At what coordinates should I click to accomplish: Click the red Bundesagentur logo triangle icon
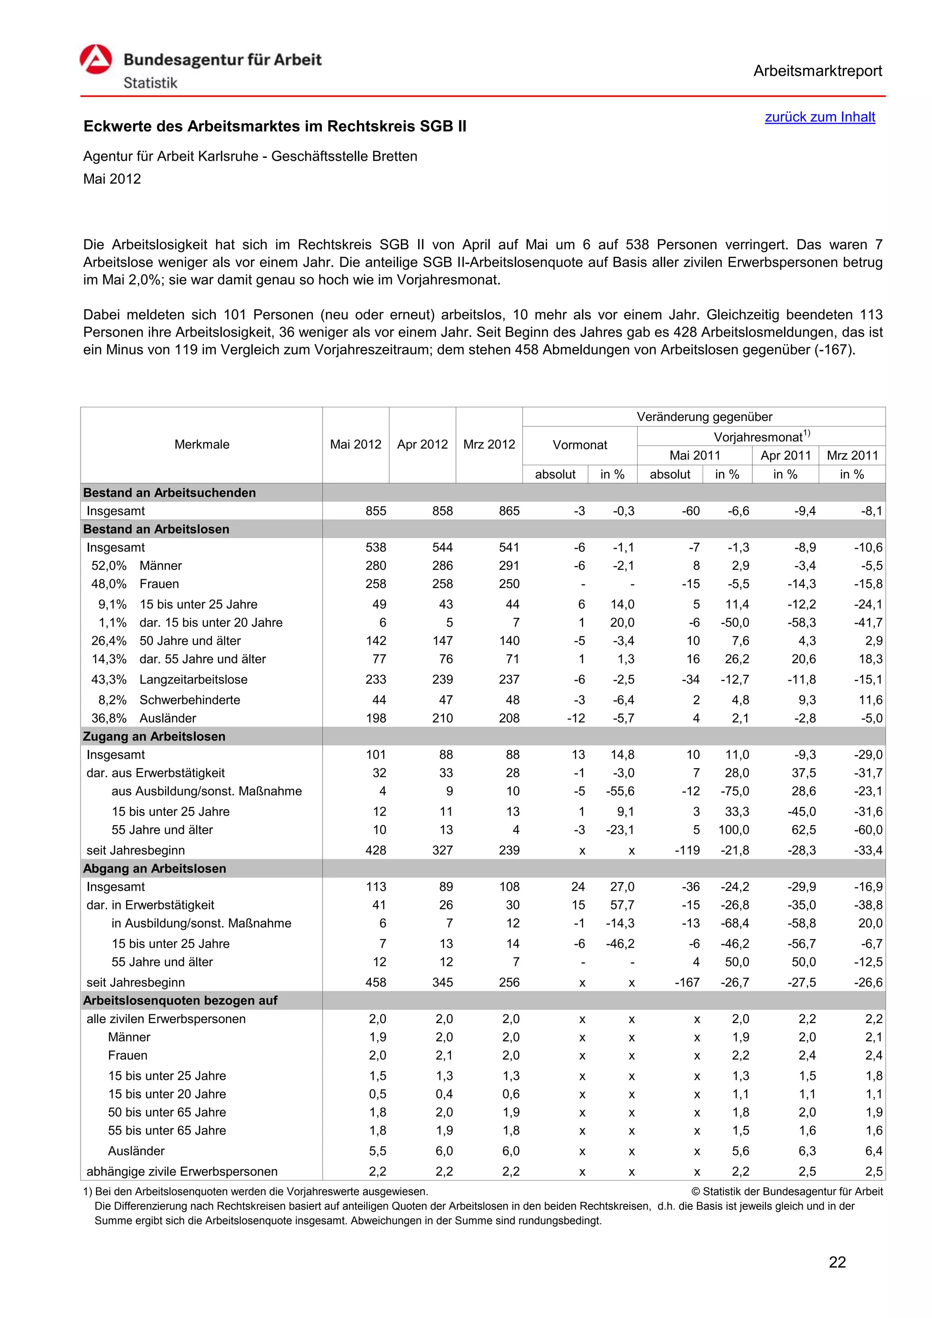[96, 60]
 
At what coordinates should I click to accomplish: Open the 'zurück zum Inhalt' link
[820, 117]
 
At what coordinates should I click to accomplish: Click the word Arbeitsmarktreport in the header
[817, 71]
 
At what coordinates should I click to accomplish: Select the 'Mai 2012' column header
[355, 444]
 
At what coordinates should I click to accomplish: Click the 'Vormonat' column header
[580, 445]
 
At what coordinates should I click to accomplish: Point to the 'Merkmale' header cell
[202, 444]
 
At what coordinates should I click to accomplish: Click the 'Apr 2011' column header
[785, 455]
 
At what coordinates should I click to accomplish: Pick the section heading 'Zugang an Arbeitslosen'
[154, 736]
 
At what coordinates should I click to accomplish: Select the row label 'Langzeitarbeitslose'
[193, 679]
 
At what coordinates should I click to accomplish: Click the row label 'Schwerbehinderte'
[190, 700]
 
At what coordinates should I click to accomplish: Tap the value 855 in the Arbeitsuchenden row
[376, 511]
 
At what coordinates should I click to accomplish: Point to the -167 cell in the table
[687, 982]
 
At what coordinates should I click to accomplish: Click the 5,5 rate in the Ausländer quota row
[377, 1151]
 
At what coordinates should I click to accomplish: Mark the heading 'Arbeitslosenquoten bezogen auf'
[180, 1000]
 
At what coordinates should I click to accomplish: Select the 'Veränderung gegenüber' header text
[704, 417]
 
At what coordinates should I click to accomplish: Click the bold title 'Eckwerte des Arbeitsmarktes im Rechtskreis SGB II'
[275, 126]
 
